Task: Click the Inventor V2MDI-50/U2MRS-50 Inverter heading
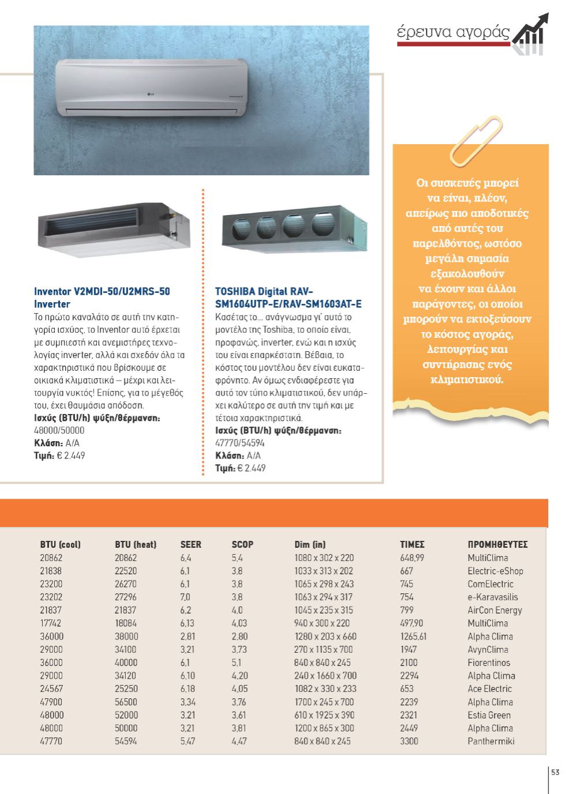coord(102,298)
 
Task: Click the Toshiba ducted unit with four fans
coord(294,227)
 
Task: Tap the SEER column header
coord(191,544)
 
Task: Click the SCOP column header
coord(242,544)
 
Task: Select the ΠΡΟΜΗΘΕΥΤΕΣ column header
coord(497,544)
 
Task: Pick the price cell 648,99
coord(412,558)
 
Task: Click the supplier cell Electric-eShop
coord(495,571)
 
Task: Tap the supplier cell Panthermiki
coord(491,741)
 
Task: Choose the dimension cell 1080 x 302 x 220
coord(324,558)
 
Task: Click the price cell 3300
coord(409,741)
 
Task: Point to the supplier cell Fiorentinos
coord(489,663)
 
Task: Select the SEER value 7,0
coord(185,597)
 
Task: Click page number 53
coord(555,773)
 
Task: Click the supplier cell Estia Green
coord(489,715)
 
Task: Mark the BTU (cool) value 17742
coord(51,623)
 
